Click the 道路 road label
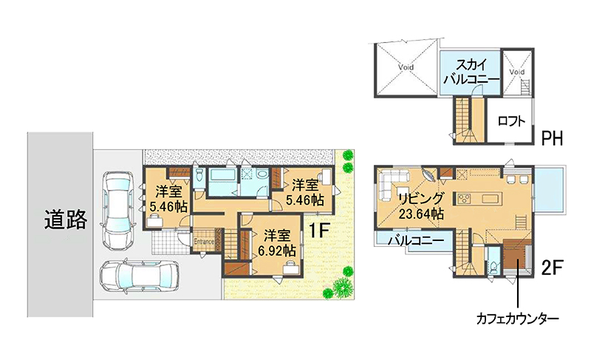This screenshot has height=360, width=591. (x=66, y=220)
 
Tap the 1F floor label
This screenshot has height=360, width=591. (x=320, y=231)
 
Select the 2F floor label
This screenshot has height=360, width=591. (x=552, y=268)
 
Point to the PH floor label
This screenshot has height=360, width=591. (x=552, y=138)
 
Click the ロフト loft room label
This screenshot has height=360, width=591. (x=511, y=121)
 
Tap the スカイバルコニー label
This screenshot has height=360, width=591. (x=471, y=72)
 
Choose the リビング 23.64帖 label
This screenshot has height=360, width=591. (x=421, y=206)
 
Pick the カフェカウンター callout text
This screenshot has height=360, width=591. (x=518, y=319)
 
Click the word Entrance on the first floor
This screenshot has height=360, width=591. (x=204, y=242)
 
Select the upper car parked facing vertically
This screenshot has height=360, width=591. (x=118, y=211)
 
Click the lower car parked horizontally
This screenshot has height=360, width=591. (x=139, y=276)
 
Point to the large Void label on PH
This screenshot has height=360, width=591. (x=406, y=67)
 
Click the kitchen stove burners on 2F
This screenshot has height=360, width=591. (x=464, y=198)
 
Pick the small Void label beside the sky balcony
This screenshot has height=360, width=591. (x=516, y=72)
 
